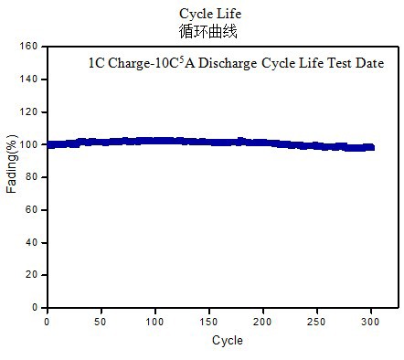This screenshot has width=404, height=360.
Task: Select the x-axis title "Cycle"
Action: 227,341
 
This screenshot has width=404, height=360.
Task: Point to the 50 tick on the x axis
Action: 101,322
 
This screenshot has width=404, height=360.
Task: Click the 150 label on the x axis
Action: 208,322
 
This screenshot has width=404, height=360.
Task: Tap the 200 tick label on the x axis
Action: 262,322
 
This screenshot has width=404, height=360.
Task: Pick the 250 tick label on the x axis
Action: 316,322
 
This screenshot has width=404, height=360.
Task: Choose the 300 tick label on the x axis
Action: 370,322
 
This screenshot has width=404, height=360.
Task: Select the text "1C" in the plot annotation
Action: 95,63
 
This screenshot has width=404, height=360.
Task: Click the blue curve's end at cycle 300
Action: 370,147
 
